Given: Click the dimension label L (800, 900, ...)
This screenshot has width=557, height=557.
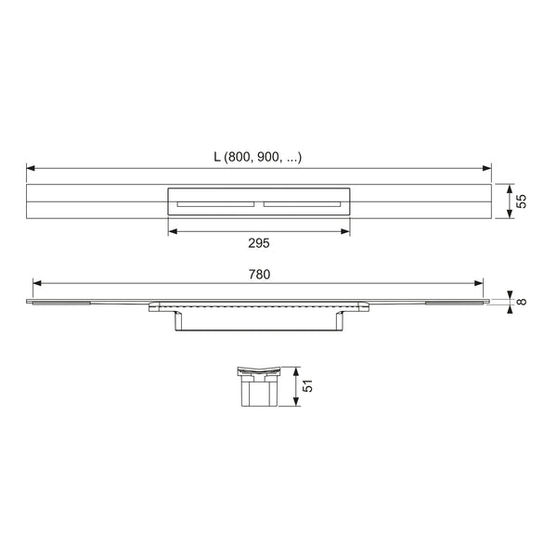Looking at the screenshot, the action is point(258,157).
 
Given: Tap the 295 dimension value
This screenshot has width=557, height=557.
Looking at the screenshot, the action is point(259,243).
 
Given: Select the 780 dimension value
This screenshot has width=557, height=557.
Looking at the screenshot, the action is point(259,274).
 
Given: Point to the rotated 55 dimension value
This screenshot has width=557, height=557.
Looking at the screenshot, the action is point(521,201).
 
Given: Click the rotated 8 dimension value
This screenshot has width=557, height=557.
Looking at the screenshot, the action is point(521,302).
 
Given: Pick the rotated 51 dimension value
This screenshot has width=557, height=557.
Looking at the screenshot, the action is point(307,386).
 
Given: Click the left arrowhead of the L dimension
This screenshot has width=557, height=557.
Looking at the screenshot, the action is point(31,168).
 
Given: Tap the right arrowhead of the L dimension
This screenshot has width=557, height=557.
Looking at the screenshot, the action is point(487,168).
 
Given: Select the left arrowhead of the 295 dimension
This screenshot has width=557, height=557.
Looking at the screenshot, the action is point(173,231).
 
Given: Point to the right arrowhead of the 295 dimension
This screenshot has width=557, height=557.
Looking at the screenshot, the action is point(345,231).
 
